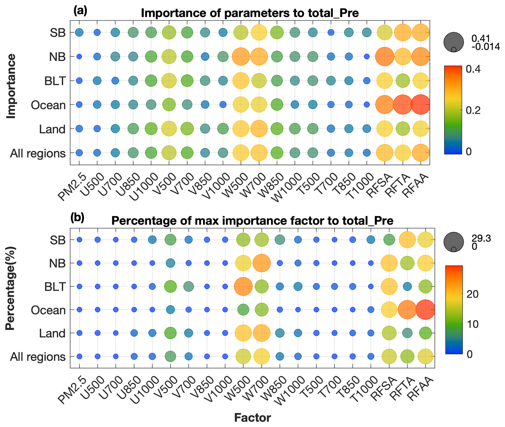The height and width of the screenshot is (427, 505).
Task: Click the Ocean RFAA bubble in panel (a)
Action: point(421,104)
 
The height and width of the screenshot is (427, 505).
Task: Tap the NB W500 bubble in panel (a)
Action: point(241,57)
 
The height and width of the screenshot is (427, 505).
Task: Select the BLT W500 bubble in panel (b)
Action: point(243,286)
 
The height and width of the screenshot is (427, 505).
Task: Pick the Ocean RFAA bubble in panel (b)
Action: point(425,310)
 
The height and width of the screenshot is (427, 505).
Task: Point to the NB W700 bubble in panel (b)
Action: point(262,263)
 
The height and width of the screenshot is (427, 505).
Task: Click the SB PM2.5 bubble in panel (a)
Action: point(79,33)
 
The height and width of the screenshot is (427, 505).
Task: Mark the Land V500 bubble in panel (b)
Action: point(170,333)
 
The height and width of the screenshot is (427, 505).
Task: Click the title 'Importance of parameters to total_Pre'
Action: point(250,13)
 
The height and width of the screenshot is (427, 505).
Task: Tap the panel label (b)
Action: point(77,218)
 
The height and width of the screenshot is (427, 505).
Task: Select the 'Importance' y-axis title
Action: point(11,86)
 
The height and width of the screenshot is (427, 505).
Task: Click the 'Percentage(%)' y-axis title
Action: point(10,288)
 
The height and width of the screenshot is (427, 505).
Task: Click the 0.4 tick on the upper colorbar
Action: point(473,69)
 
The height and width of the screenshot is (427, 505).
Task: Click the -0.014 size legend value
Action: point(486,47)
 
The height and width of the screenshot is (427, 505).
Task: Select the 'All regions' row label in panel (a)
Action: point(38,153)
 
